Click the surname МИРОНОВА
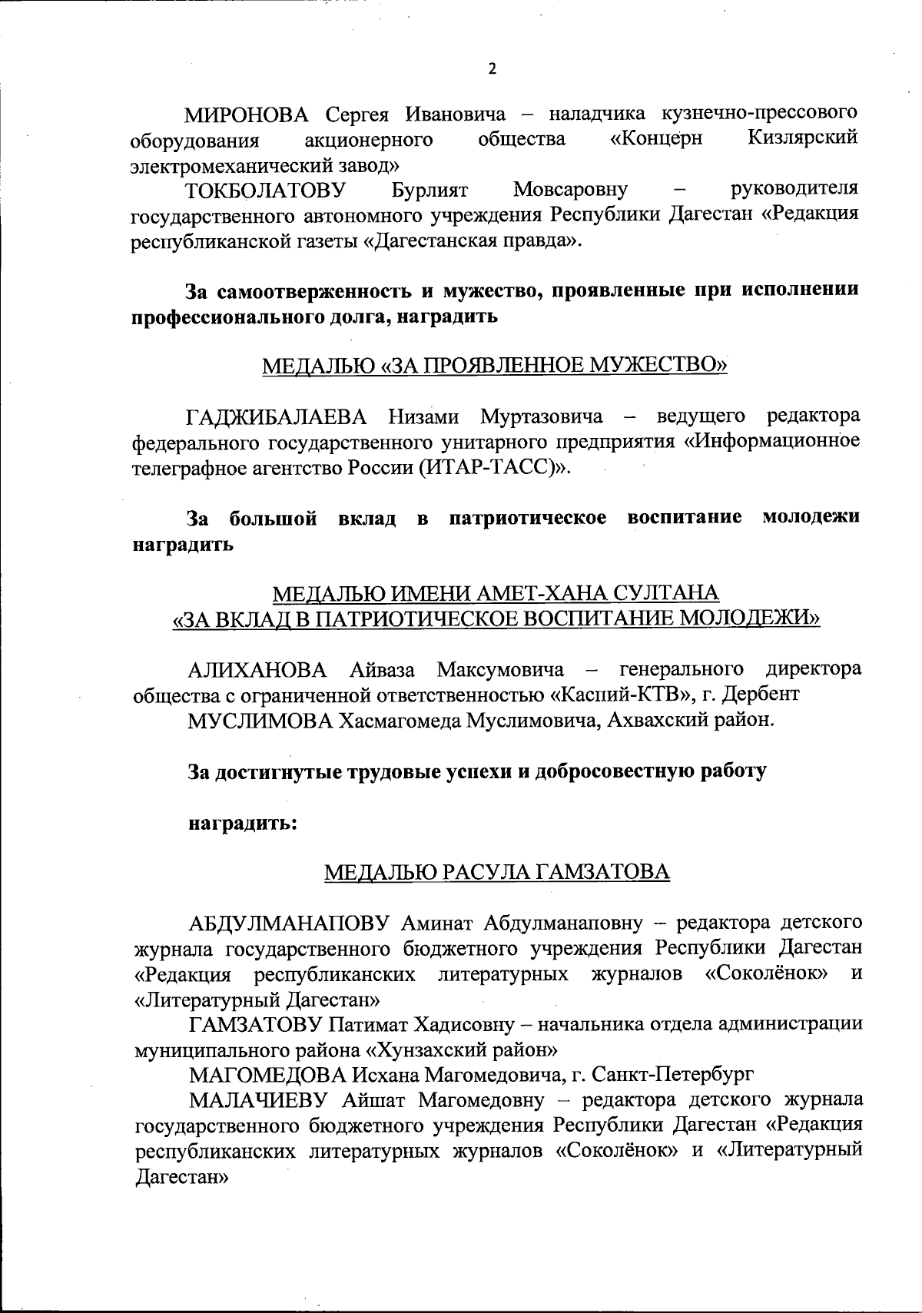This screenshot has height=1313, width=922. pos(246,115)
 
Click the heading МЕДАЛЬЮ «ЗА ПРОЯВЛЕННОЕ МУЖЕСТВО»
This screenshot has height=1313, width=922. pos(495,366)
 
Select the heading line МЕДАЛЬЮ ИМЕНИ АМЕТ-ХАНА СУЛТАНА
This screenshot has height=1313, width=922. pos(496,593)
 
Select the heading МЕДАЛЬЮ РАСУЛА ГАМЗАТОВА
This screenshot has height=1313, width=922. pos(496,872)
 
